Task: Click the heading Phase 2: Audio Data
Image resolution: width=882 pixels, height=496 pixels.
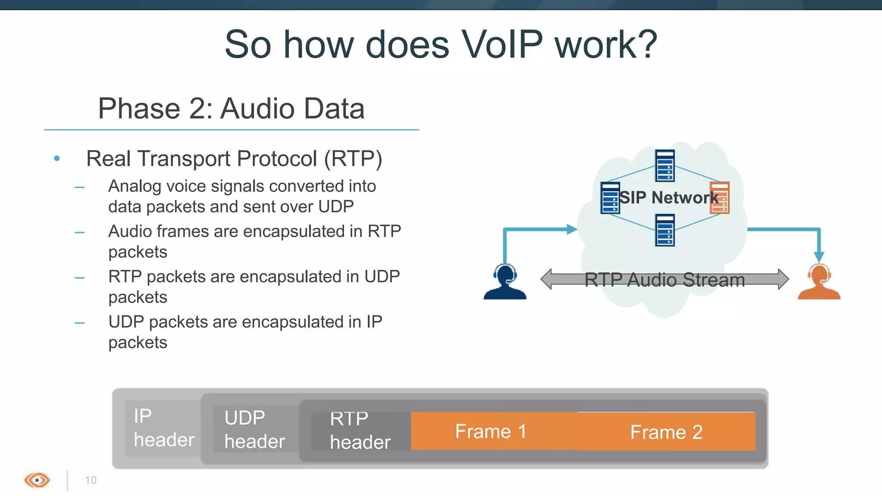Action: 231,108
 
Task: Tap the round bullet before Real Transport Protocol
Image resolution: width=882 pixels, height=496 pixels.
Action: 57,159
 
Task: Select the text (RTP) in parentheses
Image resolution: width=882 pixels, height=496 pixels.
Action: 353,159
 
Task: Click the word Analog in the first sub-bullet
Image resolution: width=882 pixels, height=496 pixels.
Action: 134,186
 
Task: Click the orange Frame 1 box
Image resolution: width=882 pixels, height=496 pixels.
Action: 491,431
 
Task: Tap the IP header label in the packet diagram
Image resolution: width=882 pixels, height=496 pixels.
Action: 163,428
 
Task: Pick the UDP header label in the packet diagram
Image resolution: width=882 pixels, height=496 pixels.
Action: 254,430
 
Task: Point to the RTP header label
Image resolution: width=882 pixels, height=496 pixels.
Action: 360,431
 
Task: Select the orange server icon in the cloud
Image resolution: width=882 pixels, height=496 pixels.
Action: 720,198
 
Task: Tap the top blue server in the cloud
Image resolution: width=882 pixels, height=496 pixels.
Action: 665,166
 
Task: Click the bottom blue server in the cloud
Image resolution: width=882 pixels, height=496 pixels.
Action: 665,230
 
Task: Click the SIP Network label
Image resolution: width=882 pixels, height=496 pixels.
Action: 668,198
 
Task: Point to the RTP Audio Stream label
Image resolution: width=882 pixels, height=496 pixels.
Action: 665,280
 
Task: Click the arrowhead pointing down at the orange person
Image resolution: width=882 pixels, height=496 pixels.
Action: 819,257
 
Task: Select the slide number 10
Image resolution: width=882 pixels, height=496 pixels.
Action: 90,480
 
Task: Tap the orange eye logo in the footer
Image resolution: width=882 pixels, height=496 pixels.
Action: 37,480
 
